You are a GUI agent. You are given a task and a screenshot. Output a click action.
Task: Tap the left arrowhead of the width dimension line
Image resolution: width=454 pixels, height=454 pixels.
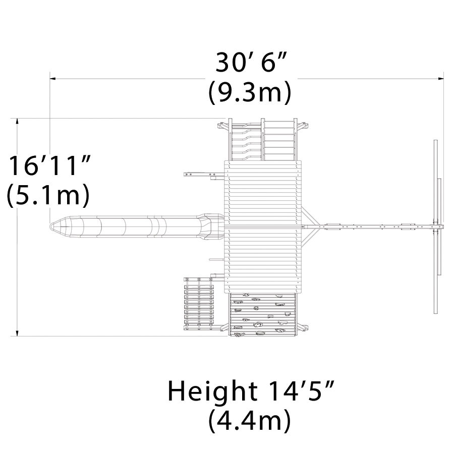52,78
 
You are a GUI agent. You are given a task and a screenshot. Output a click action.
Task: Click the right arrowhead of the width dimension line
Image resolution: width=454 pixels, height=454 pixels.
441,78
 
